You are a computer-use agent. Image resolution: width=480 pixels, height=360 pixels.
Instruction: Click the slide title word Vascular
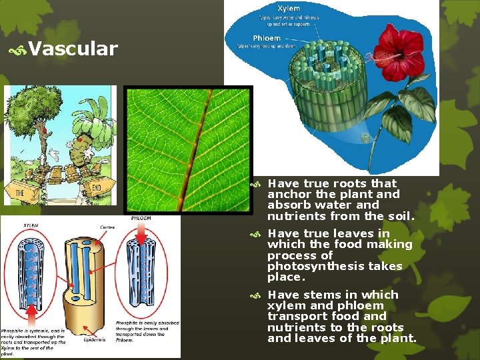tap(73, 49)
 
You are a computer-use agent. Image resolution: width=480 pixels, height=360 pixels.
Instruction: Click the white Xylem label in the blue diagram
tap(288, 8)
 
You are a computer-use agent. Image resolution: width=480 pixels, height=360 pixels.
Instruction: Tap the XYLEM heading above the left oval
tap(32, 226)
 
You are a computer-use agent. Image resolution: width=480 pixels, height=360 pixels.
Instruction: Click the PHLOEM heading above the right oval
tap(141, 218)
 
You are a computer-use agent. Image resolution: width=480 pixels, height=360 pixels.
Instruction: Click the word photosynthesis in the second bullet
tap(311, 266)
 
